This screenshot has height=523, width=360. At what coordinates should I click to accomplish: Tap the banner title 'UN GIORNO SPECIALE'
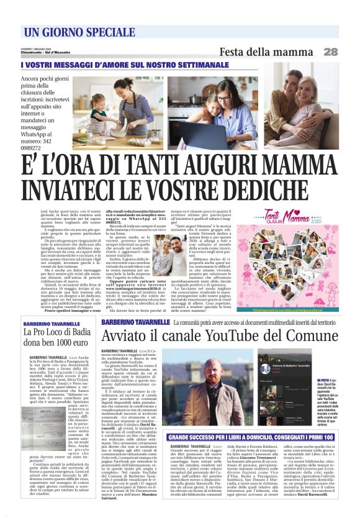(x=70, y=32)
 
